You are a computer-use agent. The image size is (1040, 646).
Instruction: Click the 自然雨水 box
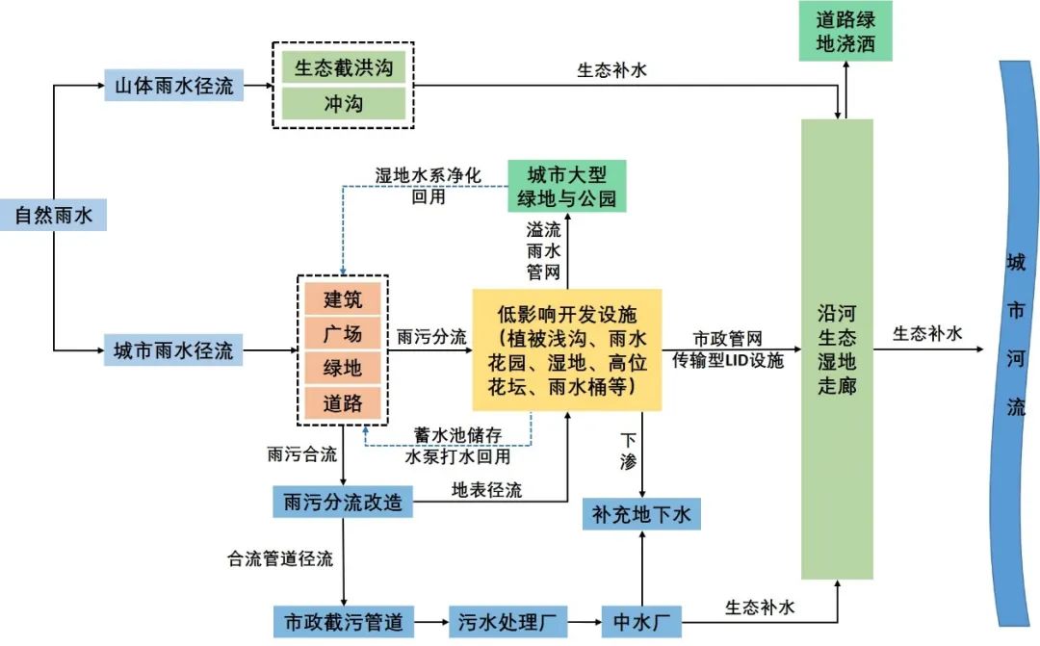53,216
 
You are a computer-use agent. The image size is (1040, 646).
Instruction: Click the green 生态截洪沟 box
343,68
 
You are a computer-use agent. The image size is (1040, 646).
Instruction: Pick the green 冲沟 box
343,103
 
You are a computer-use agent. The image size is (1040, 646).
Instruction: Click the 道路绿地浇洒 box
845,32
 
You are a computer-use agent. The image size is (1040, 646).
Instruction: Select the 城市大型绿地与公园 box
566,186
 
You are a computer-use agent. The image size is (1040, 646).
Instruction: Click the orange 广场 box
343,334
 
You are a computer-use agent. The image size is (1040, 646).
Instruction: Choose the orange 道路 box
343,403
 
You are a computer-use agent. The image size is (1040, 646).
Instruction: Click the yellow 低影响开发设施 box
566,349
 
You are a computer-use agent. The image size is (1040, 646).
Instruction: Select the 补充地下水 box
641,514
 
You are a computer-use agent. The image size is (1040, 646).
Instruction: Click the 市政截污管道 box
343,621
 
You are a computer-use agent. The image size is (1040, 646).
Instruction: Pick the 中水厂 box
640,621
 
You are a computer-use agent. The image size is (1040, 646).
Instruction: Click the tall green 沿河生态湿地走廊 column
837,349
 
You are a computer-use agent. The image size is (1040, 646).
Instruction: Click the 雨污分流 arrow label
431,338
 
